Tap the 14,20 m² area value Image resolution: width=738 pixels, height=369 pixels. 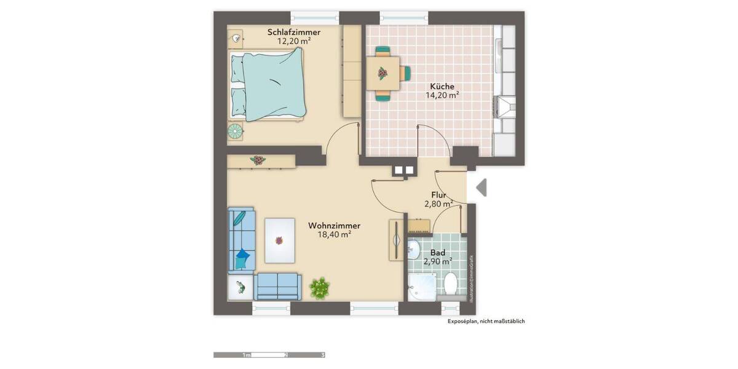tap(443, 95)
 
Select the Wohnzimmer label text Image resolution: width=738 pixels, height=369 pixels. tap(334, 225)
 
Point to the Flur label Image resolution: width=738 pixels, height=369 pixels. tap(438, 196)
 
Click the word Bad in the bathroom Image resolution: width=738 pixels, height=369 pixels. tap(437, 253)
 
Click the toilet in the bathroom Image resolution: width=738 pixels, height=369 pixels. tap(451, 284)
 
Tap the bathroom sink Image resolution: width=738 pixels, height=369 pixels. tap(414, 249)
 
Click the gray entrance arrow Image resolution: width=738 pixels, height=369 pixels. tap(481, 188)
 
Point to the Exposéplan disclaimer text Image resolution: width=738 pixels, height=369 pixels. tap(486, 321)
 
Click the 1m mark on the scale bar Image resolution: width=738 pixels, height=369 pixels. tap(247, 355)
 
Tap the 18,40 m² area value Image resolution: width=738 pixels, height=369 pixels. tap(334, 234)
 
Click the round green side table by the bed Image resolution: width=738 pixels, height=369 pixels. tap(235, 130)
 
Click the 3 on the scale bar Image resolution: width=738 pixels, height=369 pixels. tap(323, 355)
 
